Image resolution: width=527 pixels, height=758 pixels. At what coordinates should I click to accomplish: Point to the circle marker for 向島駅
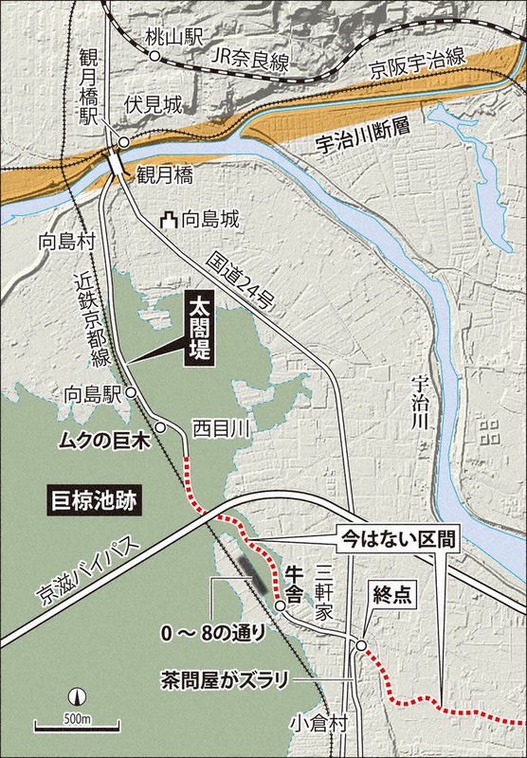[x=131, y=392]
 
